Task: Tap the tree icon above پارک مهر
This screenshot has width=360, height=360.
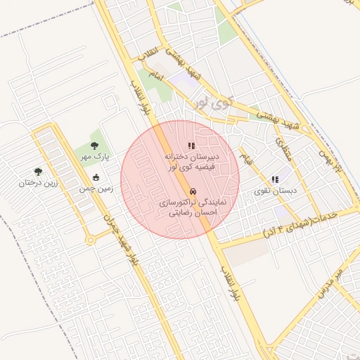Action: [94, 146]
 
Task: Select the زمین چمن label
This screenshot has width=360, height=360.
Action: [96, 189]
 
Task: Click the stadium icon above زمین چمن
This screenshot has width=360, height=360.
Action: [96, 177]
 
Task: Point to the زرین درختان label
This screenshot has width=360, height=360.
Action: [37, 184]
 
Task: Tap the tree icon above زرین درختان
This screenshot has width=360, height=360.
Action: [38, 171]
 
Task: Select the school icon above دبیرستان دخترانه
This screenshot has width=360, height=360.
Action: [191, 146]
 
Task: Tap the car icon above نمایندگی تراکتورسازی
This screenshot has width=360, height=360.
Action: [193, 191]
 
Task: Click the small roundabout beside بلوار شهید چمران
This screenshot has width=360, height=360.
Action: [90, 240]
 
